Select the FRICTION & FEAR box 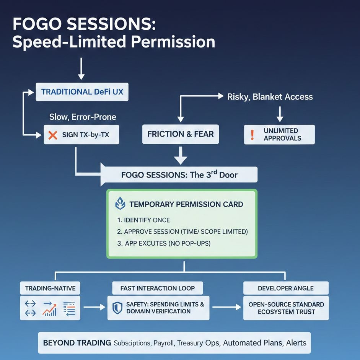[180, 134]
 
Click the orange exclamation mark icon [252, 135]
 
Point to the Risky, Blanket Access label [270, 97]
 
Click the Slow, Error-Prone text [83, 117]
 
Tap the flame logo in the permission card [120, 204]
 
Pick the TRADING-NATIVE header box [50, 288]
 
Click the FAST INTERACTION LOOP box [157, 288]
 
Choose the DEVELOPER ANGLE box [286, 288]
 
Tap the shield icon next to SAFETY [118, 308]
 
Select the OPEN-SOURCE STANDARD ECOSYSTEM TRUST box [286, 308]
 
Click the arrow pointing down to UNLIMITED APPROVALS [280, 114]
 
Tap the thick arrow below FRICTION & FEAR [180, 156]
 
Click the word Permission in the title [173, 42]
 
